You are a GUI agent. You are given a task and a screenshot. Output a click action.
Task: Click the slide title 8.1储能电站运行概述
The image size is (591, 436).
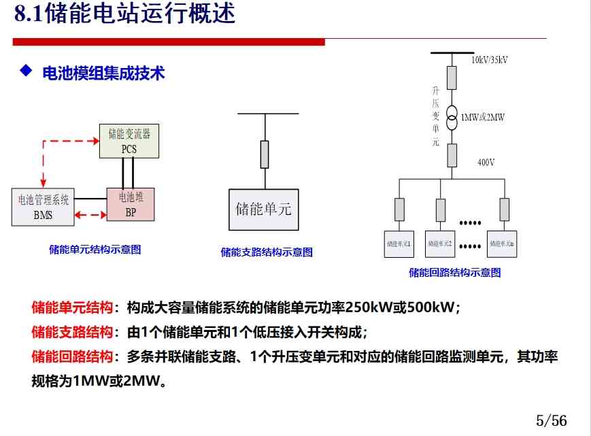[125, 14]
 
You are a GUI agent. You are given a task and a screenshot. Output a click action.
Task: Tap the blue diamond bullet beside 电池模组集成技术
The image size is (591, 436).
[26, 71]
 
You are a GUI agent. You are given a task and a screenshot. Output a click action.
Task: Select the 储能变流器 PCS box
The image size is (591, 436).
[129, 141]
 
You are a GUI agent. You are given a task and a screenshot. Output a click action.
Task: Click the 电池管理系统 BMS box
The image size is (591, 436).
[43, 207]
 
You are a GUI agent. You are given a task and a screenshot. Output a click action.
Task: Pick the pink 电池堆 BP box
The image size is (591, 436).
[131, 204]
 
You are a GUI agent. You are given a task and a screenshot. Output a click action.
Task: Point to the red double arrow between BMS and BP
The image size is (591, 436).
[90, 215]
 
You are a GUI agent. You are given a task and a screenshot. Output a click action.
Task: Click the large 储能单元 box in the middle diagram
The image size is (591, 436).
[263, 209]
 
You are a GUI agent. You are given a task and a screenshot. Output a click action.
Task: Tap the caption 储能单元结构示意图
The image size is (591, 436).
[95, 250]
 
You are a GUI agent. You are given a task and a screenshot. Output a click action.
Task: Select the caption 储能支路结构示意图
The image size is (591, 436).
[267, 252]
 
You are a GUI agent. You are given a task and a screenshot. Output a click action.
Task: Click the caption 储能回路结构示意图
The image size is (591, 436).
[455, 273]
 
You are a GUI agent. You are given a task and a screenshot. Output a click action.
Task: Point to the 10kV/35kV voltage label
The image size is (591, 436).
[490, 60]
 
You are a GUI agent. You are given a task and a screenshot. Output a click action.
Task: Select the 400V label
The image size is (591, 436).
[486, 163]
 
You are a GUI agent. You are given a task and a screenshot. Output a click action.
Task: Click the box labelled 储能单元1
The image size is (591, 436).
[399, 243]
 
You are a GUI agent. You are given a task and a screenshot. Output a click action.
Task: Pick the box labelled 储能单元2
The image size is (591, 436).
[440, 243]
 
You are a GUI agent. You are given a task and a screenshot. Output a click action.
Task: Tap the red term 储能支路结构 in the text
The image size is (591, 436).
[72, 332]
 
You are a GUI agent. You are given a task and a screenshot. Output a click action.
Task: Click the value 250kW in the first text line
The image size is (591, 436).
[367, 307]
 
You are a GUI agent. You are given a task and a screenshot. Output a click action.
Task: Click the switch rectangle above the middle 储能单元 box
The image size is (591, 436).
[265, 154]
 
